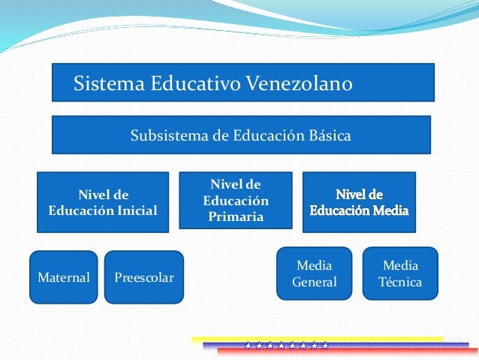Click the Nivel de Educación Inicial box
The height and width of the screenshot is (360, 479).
[103, 202]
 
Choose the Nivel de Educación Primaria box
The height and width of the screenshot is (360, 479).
[235, 200]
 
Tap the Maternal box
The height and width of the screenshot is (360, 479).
[63, 277]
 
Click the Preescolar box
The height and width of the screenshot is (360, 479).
[143, 277]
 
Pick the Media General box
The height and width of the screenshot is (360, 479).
[315, 274]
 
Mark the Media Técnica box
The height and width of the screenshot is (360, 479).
[401, 274]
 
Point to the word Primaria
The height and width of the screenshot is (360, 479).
[236, 216]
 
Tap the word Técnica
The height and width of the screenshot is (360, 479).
[401, 283]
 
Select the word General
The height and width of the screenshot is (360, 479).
[315, 283]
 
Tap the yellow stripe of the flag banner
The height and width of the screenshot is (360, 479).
[315, 340]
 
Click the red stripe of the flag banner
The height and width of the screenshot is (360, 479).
[338, 351]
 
